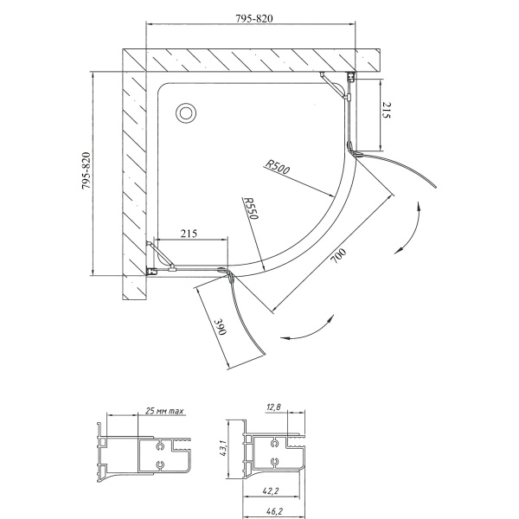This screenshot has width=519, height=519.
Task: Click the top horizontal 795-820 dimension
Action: pyautogui.click(x=253, y=18)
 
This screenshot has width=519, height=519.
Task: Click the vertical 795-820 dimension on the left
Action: pyautogui.click(x=86, y=170)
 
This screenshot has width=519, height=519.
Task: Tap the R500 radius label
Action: pyautogui.click(x=278, y=166)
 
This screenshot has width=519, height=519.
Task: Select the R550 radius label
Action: pyautogui.click(x=251, y=208)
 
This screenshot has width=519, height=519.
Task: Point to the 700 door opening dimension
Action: pyautogui.click(x=338, y=255)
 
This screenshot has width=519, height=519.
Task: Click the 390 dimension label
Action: pyautogui.click(x=221, y=327)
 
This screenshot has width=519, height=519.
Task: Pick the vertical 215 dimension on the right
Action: pyautogui.click(x=387, y=110)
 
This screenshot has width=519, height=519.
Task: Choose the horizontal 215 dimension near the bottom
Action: pyautogui.click(x=189, y=234)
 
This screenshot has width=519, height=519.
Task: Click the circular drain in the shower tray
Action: pyautogui.click(x=186, y=113)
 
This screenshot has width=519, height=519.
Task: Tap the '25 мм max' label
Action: pyautogui.click(x=164, y=411)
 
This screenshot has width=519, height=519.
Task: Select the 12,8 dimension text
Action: pyautogui.click(x=273, y=407)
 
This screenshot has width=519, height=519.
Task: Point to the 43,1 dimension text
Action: pyautogui.click(x=223, y=448)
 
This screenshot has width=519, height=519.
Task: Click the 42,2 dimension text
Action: pyautogui.click(x=271, y=491)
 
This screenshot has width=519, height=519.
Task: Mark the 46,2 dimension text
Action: pyautogui.click(x=274, y=511)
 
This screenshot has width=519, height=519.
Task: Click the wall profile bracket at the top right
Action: pyautogui.click(x=350, y=77)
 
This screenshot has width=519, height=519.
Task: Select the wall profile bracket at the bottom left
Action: pyautogui.click(x=151, y=271)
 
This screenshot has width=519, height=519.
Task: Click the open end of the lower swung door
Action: pyautogui.click(x=264, y=353)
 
